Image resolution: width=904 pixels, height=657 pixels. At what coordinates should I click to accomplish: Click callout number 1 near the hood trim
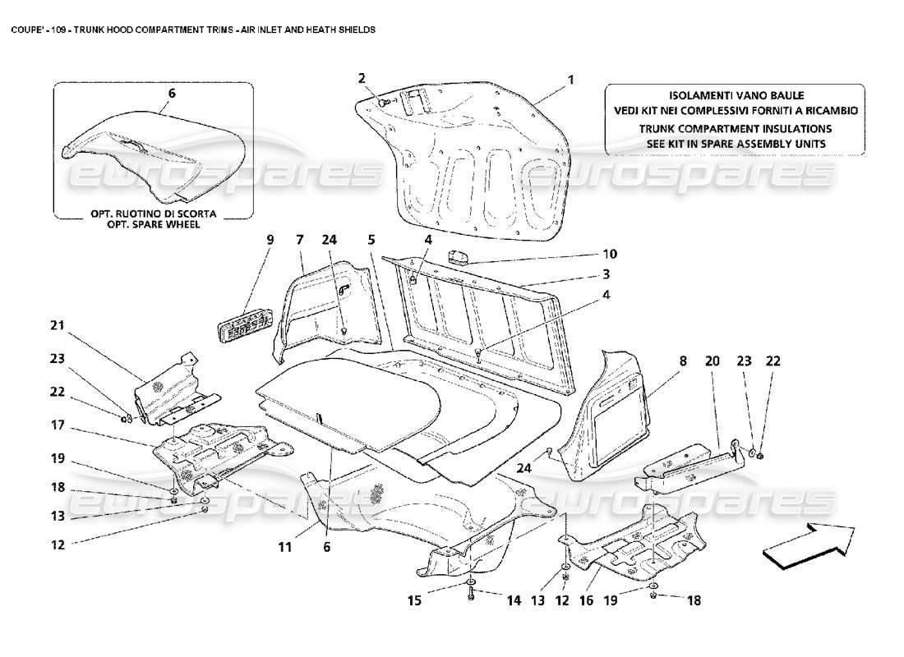[x=569, y=80]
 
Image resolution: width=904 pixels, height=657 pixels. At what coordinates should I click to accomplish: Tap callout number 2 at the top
[x=361, y=78]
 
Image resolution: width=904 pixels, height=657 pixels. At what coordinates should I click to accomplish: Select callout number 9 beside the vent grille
[x=269, y=240]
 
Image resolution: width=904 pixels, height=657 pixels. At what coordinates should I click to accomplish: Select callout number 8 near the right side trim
[x=683, y=360]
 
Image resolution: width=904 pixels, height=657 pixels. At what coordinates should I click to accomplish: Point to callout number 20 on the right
[x=713, y=360]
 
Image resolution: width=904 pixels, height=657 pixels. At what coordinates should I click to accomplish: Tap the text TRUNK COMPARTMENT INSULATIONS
[x=736, y=129]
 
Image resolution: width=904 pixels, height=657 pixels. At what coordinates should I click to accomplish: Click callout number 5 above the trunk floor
[x=371, y=240]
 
